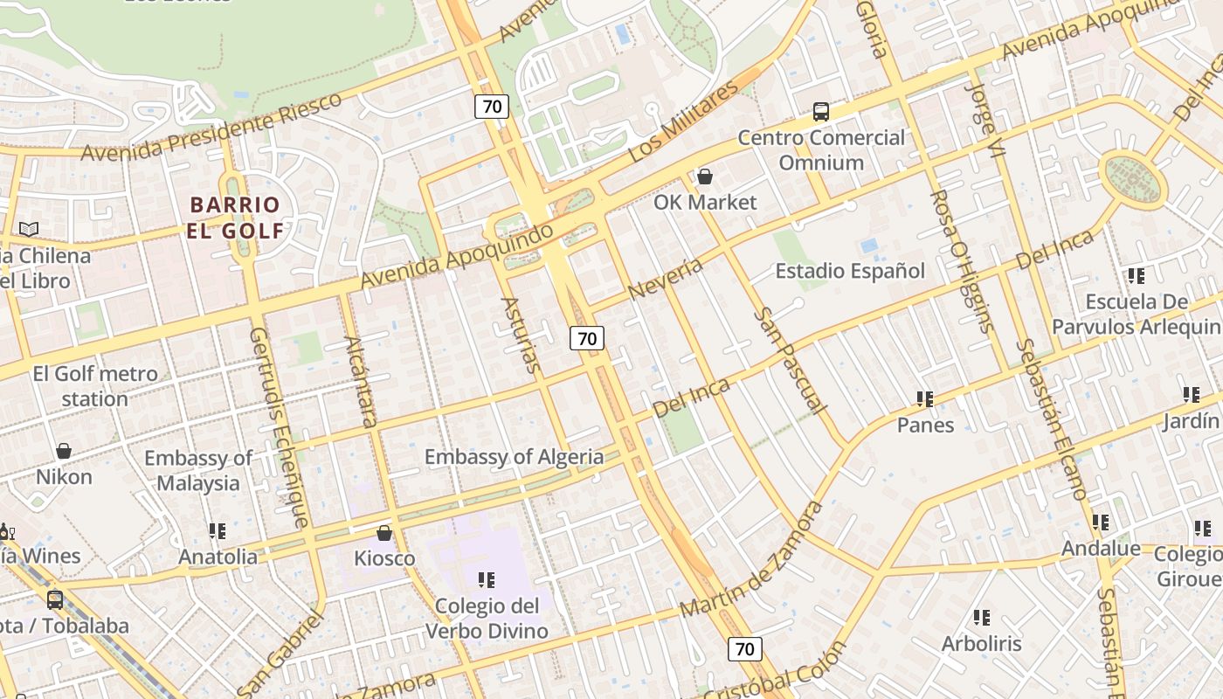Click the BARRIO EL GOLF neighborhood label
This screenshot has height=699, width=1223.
236,218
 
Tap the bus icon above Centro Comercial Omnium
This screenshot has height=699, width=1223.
821,112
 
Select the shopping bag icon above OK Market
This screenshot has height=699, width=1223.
705,177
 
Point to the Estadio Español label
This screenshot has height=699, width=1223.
850,271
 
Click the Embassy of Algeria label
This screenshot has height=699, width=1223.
514,457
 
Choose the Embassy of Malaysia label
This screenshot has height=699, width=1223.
198,471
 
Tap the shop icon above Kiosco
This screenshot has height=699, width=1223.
384,533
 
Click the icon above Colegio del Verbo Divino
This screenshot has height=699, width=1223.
487,580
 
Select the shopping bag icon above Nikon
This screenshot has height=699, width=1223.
64,452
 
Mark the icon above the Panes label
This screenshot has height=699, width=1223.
925,400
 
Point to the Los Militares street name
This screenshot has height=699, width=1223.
683,122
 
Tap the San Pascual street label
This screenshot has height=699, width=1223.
790,360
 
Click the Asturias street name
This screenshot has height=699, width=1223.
522,336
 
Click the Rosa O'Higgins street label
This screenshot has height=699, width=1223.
962,261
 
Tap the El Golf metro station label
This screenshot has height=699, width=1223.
94,386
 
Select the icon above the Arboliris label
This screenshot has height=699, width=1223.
982,619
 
